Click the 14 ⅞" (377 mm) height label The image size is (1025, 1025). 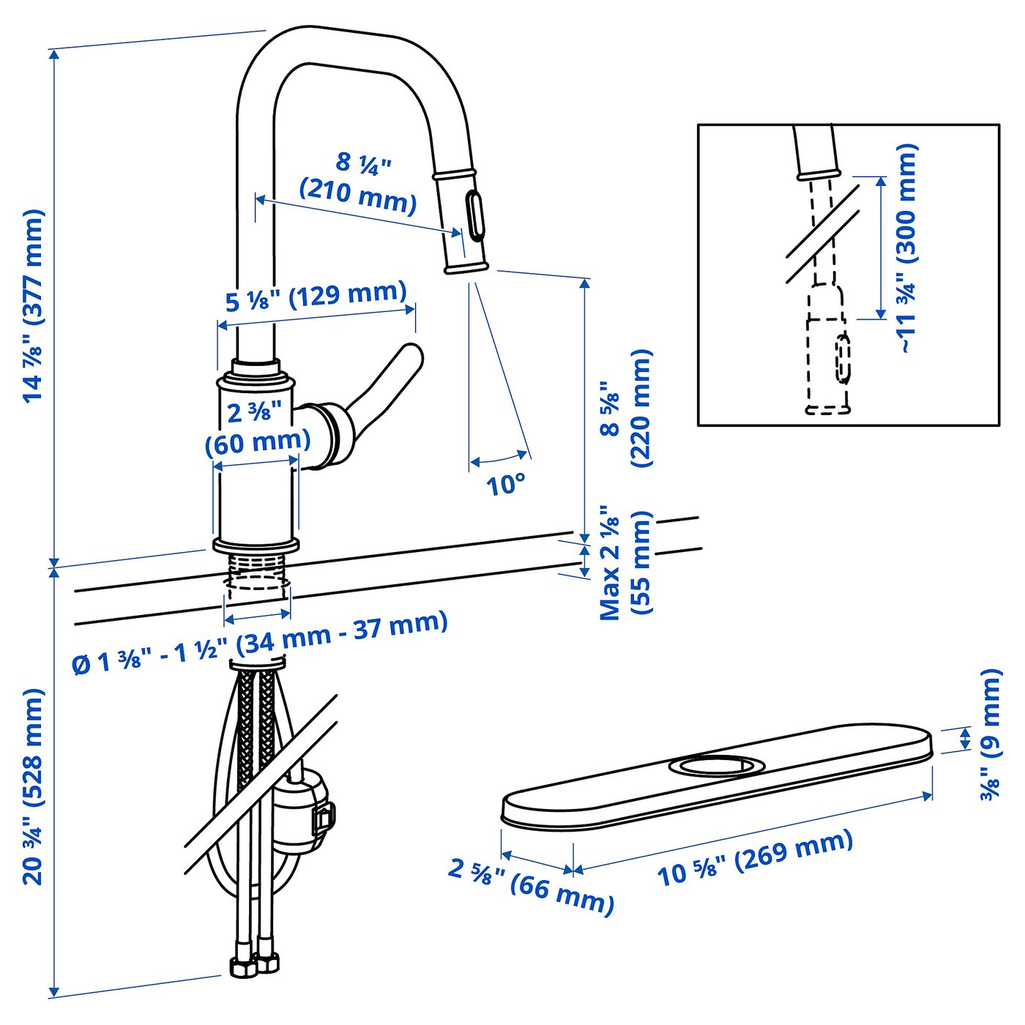33,305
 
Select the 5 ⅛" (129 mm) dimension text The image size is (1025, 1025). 316,296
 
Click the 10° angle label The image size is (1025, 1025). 506,484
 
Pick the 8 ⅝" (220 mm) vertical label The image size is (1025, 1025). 625,408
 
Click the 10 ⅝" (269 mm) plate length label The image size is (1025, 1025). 755,857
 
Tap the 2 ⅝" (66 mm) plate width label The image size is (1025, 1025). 532,884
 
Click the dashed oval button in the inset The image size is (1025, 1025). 843,359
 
